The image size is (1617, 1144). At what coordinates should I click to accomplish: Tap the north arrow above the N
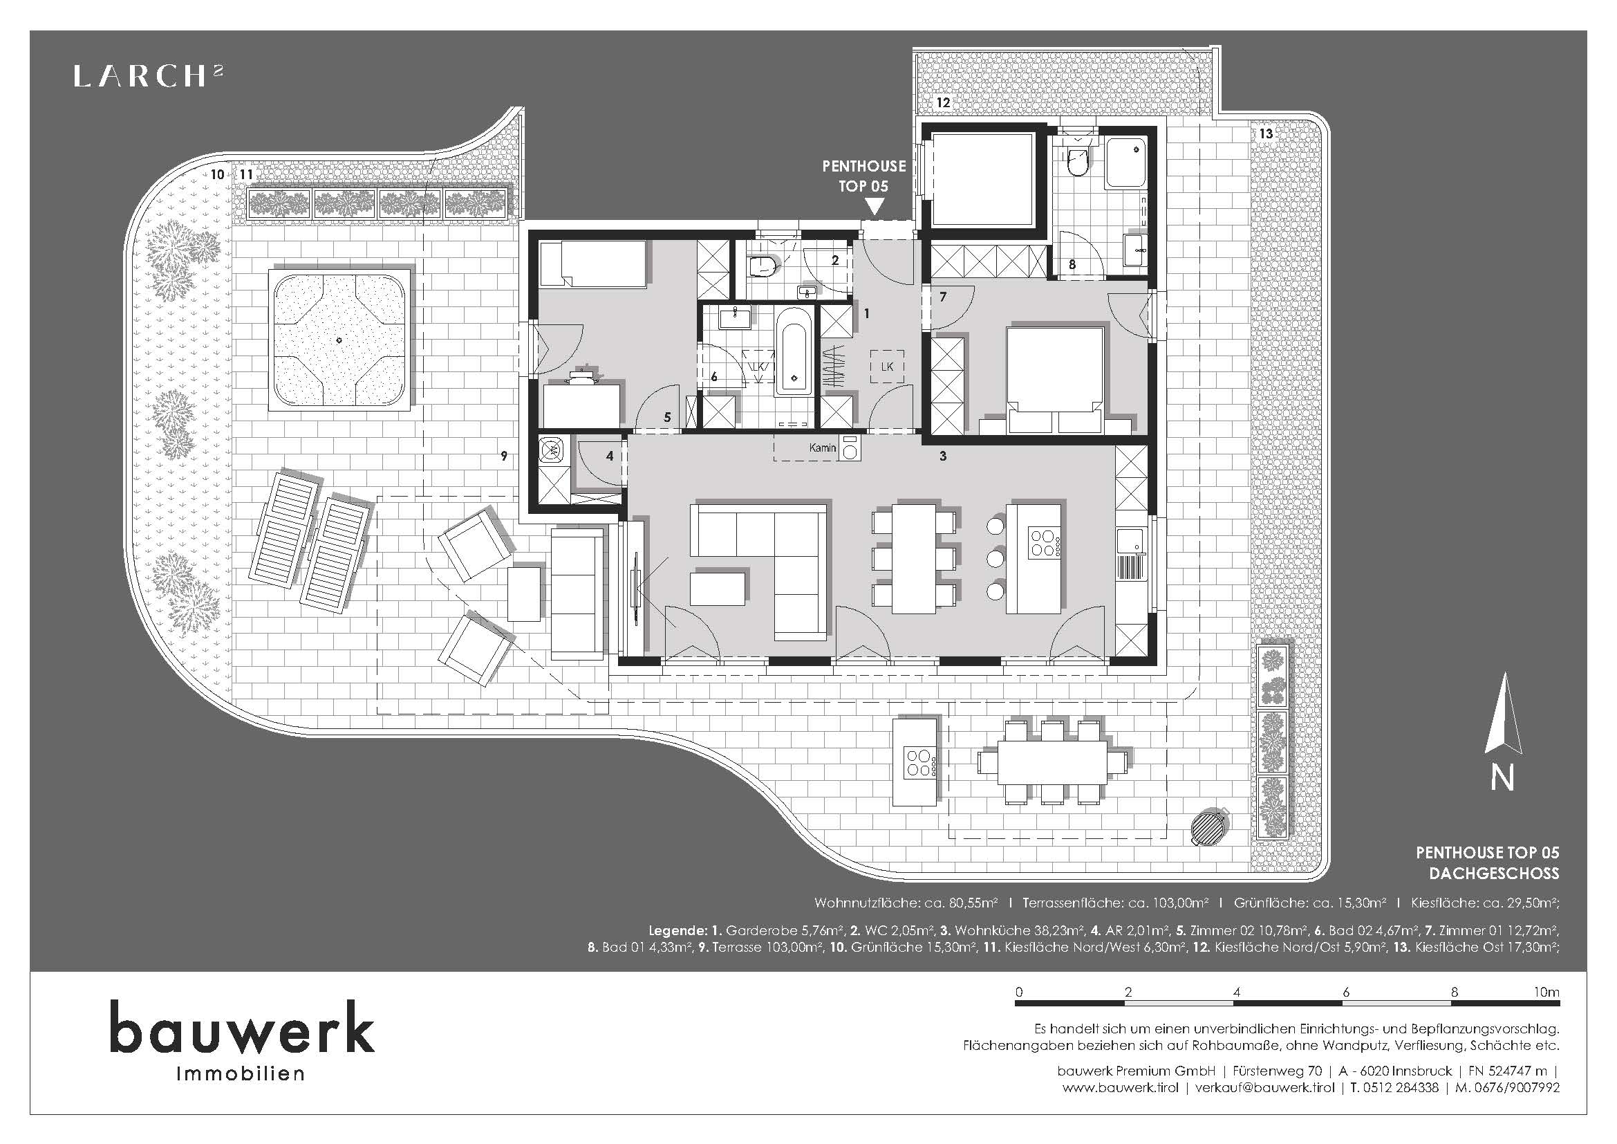pos(1503,713)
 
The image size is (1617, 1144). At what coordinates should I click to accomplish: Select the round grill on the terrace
pos(1211,826)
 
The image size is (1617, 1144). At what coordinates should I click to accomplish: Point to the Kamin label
pos(823,448)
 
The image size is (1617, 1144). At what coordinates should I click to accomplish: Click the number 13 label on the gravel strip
pos(1266,133)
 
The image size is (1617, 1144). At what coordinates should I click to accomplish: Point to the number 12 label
pos(942,102)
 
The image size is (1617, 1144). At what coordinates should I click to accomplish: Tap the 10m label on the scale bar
pos(1546,993)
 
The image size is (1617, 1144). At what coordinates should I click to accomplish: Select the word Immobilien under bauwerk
pos(241,1073)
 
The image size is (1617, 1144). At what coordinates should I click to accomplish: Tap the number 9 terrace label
pos(503,456)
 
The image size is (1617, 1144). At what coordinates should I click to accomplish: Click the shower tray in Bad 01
pos(1125,163)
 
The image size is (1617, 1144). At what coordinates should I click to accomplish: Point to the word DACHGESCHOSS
pos(1494,874)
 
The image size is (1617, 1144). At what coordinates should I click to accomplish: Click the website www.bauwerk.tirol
pos(1120,1088)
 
